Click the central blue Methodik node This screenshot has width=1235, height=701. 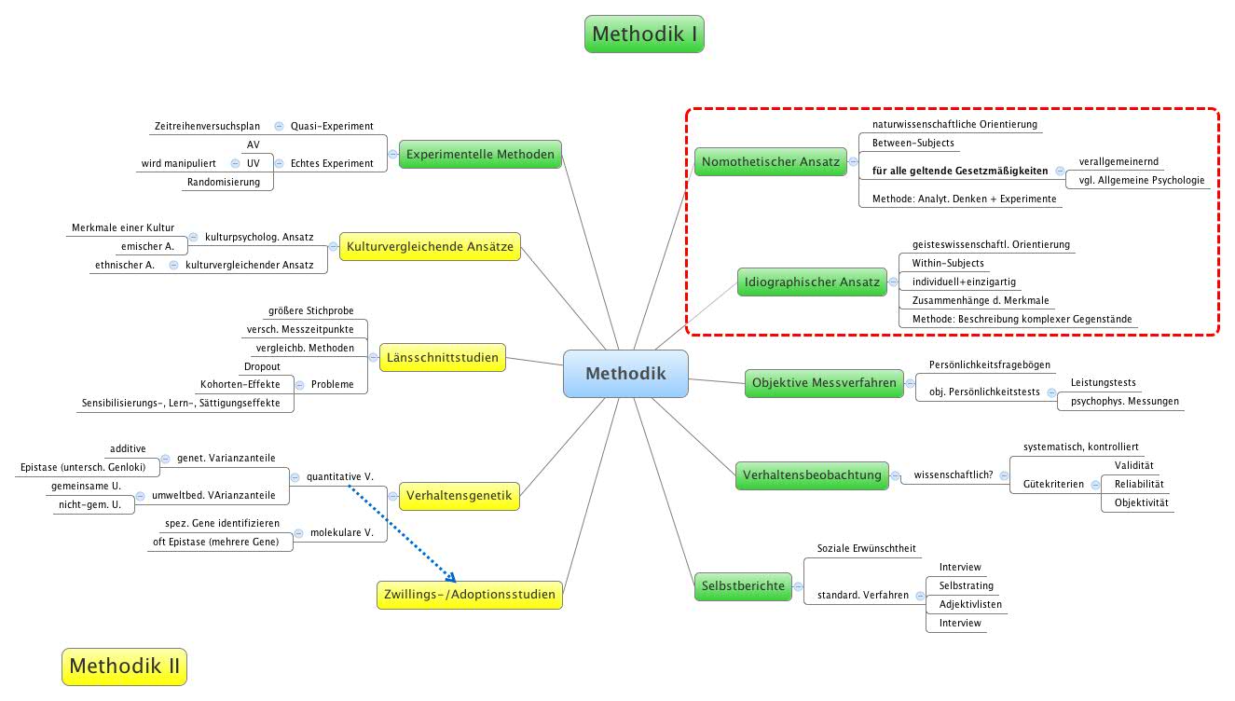click(625, 373)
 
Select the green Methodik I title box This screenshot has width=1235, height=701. click(644, 34)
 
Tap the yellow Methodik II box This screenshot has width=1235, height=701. click(124, 667)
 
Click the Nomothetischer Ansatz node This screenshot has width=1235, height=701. click(770, 161)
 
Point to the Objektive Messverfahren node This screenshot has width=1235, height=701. click(824, 382)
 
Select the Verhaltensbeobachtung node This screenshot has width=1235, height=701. click(811, 475)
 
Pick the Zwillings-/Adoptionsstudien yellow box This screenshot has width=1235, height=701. click(470, 594)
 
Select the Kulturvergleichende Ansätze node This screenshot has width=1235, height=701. click(429, 246)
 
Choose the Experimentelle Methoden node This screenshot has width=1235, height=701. click(480, 155)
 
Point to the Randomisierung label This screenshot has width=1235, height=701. click(224, 182)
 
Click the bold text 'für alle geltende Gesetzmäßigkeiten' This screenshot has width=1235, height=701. click(960, 172)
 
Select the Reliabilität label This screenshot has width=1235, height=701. click(1139, 484)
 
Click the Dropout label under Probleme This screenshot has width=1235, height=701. click(262, 366)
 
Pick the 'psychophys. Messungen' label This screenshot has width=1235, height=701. click(1124, 402)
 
